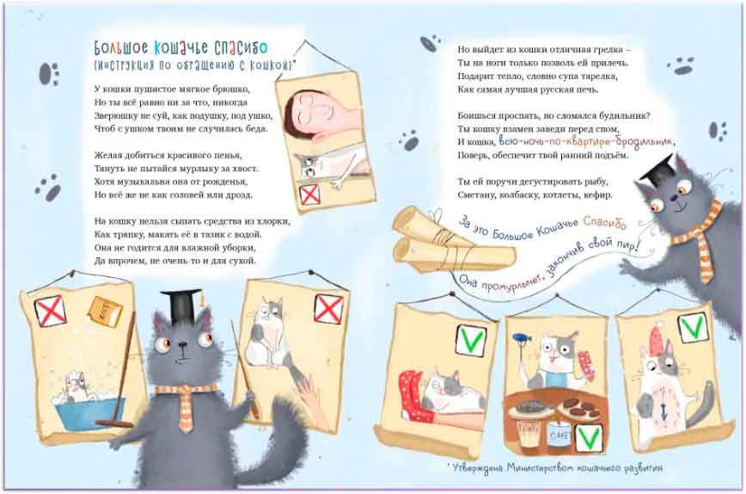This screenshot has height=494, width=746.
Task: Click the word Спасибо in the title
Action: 241,47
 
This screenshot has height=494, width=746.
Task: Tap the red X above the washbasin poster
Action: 51,311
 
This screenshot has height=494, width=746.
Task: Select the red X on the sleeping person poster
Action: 309,195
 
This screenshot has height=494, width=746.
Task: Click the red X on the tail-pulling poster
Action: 329,309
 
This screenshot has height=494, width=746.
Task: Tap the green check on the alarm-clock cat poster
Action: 692,328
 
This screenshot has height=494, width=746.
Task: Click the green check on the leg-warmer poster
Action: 471,340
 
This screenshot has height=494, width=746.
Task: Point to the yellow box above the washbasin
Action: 105,312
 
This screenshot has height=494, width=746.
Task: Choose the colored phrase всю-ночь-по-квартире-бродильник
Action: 585,141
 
